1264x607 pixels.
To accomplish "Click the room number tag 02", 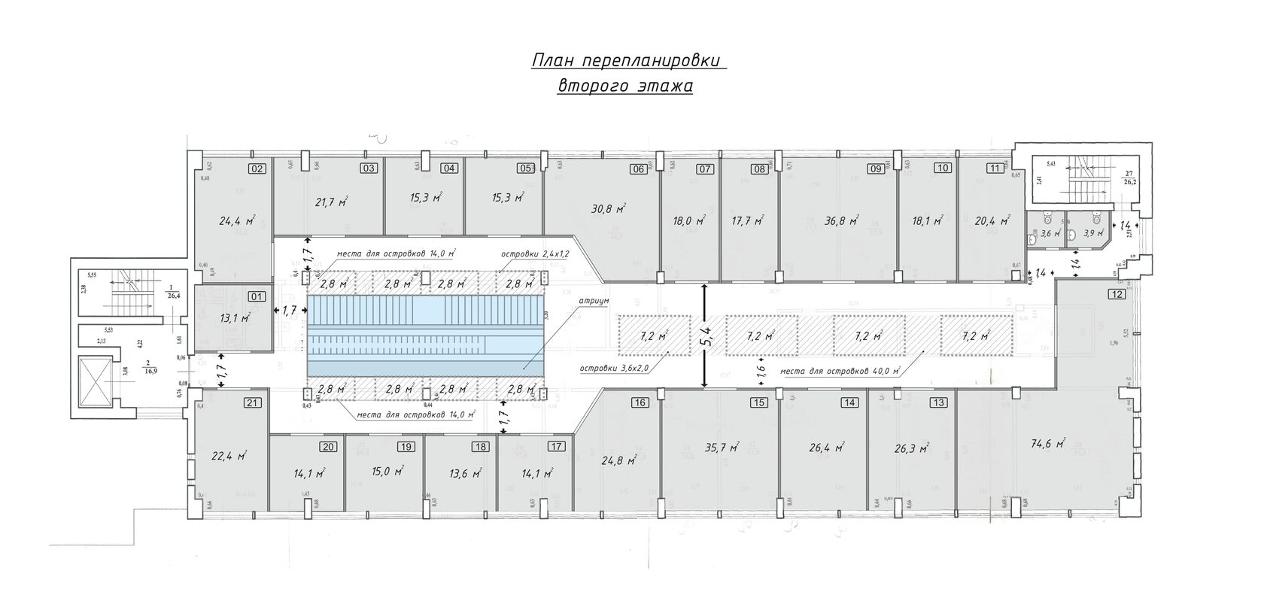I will pyautogui.click(x=257, y=169).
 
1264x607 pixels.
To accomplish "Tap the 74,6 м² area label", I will pyautogui.click(x=1047, y=444).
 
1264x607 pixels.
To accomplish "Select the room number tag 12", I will pyautogui.click(x=1117, y=294).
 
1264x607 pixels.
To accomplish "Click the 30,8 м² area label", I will pyautogui.click(x=609, y=210).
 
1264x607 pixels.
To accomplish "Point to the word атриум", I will pyautogui.click(x=594, y=300).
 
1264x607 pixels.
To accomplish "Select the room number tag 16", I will pyautogui.click(x=640, y=403).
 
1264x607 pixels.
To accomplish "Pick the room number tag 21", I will pyautogui.click(x=254, y=403).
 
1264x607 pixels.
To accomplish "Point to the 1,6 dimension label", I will pyautogui.click(x=761, y=369).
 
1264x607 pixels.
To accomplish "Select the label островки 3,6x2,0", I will pyautogui.click(x=614, y=369).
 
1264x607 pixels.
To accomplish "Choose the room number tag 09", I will pyautogui.click(x=875, y=169).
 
